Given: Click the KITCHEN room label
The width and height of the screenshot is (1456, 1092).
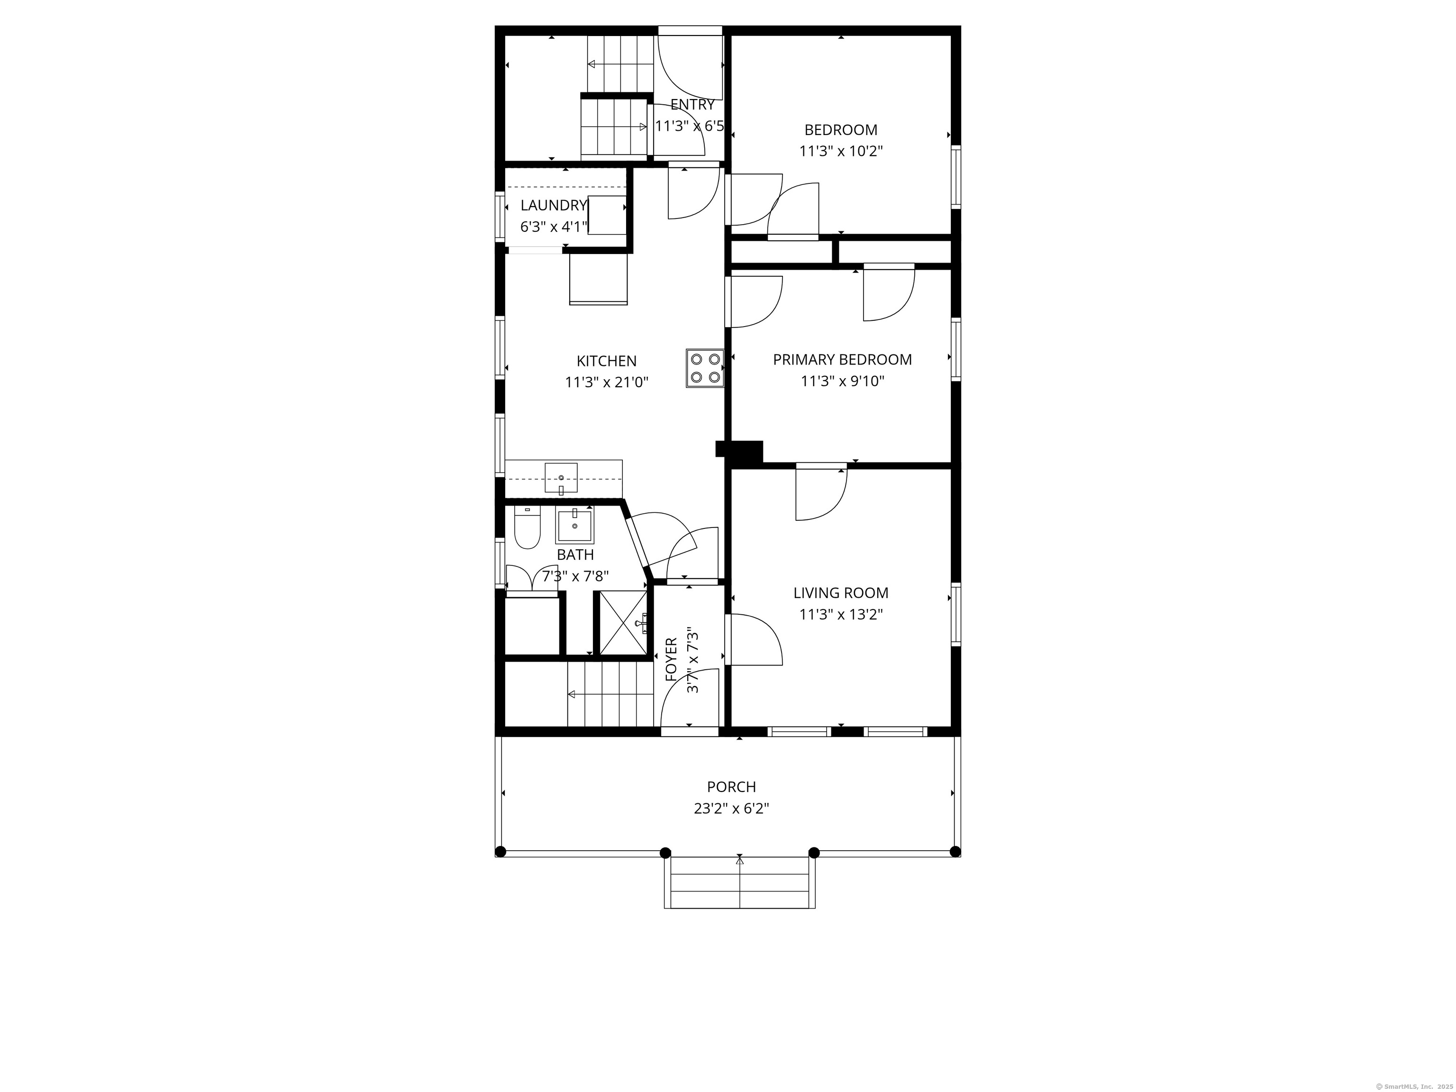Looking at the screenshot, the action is coord(606,361).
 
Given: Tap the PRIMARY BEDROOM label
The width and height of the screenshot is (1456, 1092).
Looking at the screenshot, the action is coord(842,359).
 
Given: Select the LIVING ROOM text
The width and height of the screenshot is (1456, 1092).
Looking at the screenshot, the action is coord(840,592).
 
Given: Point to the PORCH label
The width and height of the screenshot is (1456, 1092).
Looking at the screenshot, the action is coord(731,787).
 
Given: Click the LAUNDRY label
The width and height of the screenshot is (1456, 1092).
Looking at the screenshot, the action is coord(553,205).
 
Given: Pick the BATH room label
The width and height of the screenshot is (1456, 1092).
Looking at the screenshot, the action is coord(575,555).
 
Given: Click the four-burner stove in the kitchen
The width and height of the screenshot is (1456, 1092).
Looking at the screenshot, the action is coord(704,368).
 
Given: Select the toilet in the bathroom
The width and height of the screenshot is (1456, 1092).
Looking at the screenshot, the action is coord(527,528).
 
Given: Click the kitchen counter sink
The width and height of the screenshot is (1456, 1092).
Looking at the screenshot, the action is coord(561,478).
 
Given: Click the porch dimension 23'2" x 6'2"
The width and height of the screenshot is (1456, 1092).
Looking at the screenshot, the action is coord(731,808).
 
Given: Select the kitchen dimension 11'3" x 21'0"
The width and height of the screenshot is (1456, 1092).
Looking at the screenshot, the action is coord(606,382).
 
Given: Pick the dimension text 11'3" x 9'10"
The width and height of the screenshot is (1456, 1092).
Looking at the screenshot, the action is coord(842,381).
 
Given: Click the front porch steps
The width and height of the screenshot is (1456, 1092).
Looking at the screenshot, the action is coord(739,883).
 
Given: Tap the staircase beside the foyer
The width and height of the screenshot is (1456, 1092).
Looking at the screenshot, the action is coord(611,694).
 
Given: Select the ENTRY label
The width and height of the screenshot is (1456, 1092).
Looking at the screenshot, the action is coord(692,105).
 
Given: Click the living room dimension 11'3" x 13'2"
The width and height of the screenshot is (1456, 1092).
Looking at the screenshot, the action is coord(840,615).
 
